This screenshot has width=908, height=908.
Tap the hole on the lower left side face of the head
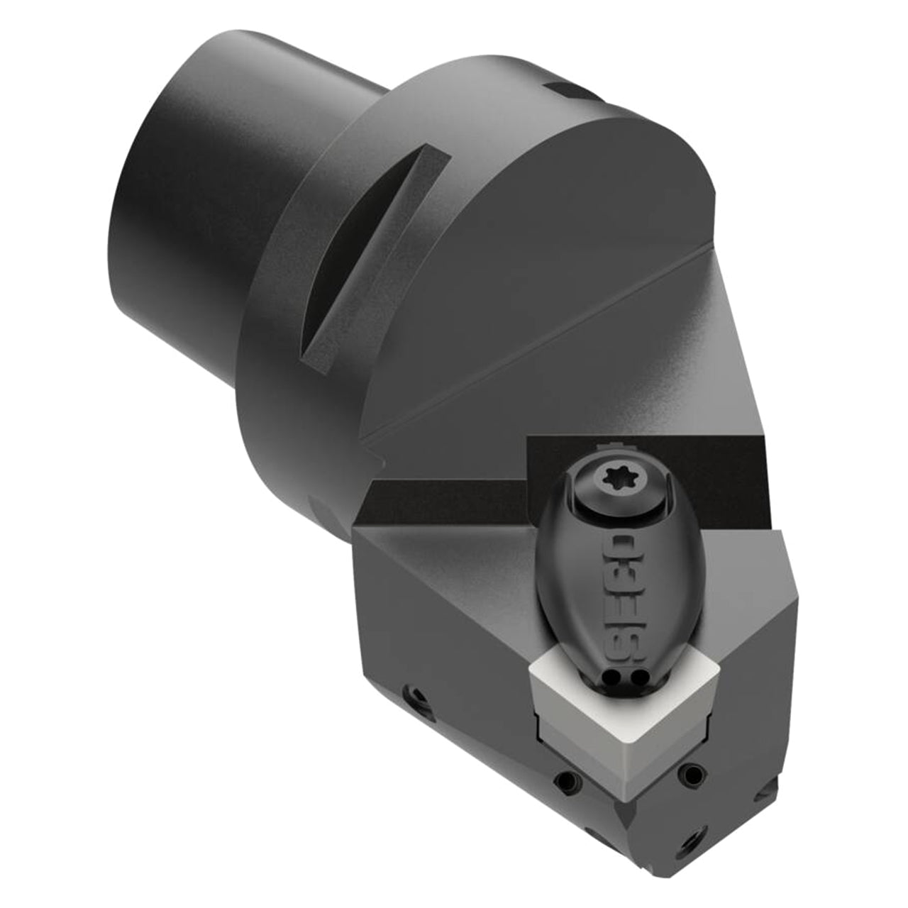416,697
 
